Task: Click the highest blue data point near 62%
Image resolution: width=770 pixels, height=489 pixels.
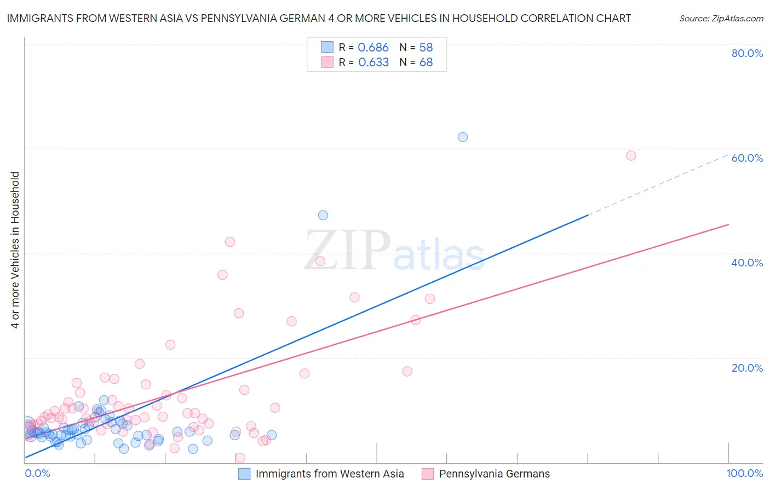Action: (x=463, y=137)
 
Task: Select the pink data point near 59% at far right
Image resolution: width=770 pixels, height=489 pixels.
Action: (x=631, y=156)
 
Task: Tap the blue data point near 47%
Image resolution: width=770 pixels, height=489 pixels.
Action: (x=323, y=215)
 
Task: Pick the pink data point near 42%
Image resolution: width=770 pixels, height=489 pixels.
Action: (x=230, y=242)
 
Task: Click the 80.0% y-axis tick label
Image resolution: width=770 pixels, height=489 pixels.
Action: (x=747, y=53)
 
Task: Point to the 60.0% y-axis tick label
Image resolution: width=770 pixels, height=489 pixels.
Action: (x=747, y=158)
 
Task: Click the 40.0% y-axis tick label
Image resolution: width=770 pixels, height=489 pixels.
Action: (x=747, y=263)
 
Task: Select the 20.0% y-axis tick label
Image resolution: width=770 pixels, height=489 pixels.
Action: (x=747, y=368)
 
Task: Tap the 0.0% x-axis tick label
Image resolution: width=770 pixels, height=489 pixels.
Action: (x=37, y=473)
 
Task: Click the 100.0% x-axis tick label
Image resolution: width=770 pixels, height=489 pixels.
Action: (x=744, y=473)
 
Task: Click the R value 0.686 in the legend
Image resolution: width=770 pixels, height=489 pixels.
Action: (x=373, y=48)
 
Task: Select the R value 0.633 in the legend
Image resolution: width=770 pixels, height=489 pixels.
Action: (x=373, y=62)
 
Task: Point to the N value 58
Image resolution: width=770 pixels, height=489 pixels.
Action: (x=426, y=48)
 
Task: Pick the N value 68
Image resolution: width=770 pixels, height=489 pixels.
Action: (x=426, y=62)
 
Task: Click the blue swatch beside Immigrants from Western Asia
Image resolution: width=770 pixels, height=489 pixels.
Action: (x=244, y=474)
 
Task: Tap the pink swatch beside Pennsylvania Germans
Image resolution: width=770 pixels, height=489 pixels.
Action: (x=428, y=474)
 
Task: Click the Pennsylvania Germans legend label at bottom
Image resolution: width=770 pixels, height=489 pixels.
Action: (x=494, y=474)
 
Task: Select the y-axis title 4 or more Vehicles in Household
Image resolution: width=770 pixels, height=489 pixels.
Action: (x=15, y=250)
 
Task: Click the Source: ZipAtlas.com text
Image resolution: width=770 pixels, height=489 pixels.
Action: (x=721, y=19)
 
